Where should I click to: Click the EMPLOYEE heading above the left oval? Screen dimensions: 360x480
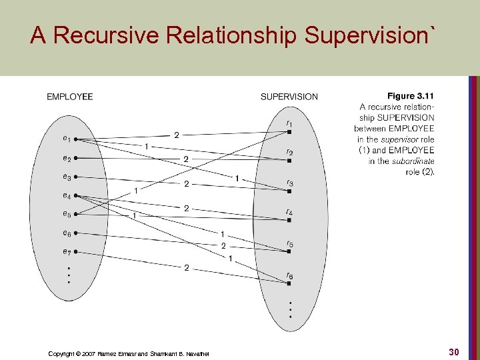coord(69,97)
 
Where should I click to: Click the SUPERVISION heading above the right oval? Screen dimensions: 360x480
coord(289,97)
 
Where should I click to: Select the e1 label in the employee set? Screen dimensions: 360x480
coord(67,139)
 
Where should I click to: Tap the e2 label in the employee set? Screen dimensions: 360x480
coord(67,159)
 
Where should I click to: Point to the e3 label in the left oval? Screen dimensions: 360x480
coord(67,177)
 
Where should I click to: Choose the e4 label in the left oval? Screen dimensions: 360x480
coord(67,196)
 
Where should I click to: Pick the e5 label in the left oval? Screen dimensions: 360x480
coord(67,214)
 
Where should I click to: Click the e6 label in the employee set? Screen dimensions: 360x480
coord(67,233)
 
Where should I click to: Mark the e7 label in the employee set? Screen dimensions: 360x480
coord(67,251)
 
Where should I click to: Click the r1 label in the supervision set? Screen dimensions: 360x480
coord(288,123)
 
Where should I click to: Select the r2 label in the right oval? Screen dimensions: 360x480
coord(289,152)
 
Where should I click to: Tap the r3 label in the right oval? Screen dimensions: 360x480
coord(289,183)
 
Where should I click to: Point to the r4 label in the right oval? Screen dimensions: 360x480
coord(289,213)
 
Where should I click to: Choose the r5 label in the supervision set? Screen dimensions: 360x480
coord(289,244)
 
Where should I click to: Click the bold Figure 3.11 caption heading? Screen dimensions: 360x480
coord(410,97)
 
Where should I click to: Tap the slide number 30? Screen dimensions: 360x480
coord(453,351)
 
